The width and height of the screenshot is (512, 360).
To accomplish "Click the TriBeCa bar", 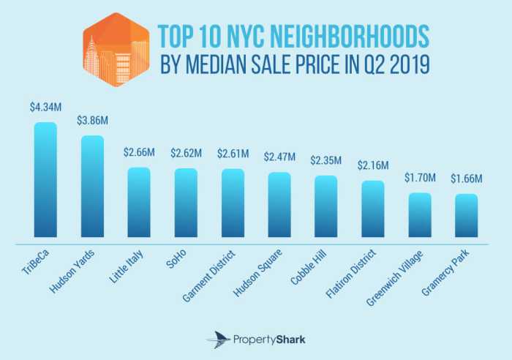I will pyautogui.click(x=45, y=181).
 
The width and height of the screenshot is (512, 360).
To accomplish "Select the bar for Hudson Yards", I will pyautogui.click(x=92, y=188).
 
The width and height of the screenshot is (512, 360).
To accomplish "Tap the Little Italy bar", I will pyautogui.click(x=139, y=204).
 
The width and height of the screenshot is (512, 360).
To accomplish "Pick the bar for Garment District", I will pyautogui.click(x=233, y=205).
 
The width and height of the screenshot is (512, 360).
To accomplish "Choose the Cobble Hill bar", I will pyautogui.click(x=326, y=208).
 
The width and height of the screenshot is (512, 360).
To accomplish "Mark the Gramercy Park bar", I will pyautogui.click(x=466, y=217).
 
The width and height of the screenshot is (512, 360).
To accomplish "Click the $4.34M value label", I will pyautogui.click(x=45, y=108).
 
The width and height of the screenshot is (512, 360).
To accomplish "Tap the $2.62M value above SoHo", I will pyautogui.click(x=186, y=154).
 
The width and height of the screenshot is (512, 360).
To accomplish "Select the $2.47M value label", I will pyautogui.click(x=279, y=157).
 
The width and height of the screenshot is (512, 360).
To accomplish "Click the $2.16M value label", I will pyautogui.click(x=373, y=166).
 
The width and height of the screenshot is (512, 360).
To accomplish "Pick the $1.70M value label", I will pyautogui.click(x=420, y=178).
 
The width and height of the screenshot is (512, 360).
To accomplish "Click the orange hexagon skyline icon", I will pyautogui.click(x=114, y=48).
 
